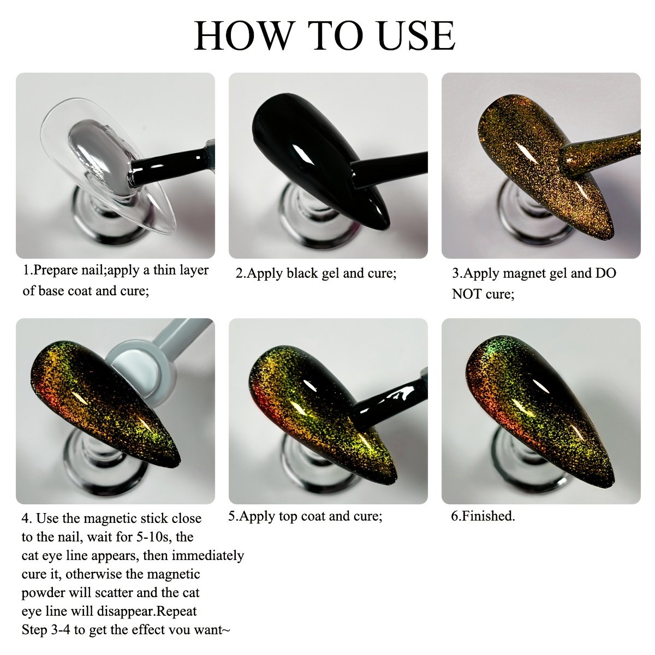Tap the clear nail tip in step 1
pyautogui.click(x=108, y=166)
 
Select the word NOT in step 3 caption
pyautogui.click(x=467, y=294)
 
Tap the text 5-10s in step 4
pyautogui.click(x=156, y=537)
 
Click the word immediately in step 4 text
pyautogui.click(x=208, y=556)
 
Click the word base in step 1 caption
pyautogui.click(x=51, y=291)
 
